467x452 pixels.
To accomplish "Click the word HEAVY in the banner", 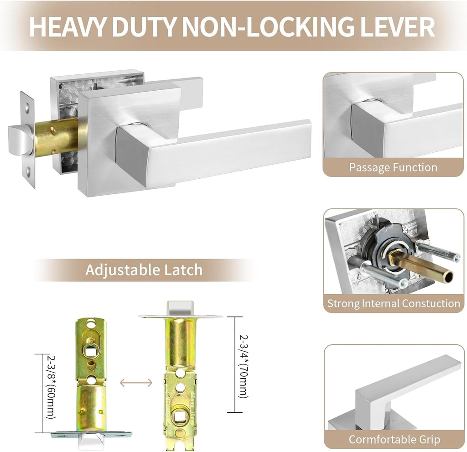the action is [x=67, y=27].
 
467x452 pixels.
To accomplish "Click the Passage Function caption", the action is [x=393, y=167].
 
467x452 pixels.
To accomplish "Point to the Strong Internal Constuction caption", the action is [x=394, y=303].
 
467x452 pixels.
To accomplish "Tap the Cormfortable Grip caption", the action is [x=394, y=440].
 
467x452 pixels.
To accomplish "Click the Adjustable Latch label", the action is [x=144, y=270].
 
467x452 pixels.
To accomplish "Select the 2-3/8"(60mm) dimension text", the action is [x=51, y=387].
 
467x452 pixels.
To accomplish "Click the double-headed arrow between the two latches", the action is [x=136, y=383].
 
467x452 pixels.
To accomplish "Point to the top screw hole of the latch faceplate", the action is [x=27, y=106].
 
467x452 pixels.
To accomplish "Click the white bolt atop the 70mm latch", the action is [x=181, y=308].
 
